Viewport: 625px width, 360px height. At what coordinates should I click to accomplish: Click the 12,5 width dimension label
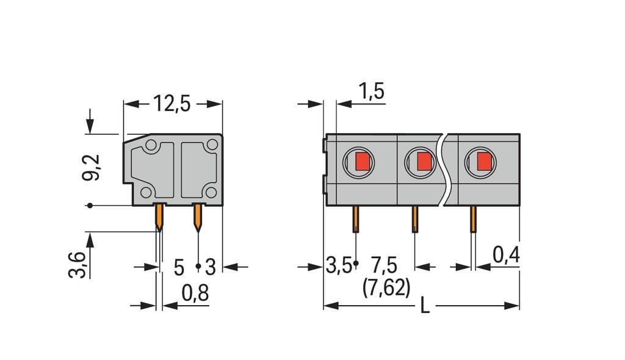pyautogui.click(x=172, y=104)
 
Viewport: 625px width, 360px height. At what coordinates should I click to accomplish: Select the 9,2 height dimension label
pyautogui.click(x=92, y=167)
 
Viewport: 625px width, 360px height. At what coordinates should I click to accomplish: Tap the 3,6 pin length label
pyautogui.click(x=77, y=265)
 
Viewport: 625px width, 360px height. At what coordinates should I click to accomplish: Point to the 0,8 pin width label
pyautogui.click(x=195, y=293)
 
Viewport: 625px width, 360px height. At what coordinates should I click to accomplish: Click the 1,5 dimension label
pyautogui.click(x=372, y=91)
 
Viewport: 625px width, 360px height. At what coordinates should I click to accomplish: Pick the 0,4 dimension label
pyautogui.click(x=506, y=255)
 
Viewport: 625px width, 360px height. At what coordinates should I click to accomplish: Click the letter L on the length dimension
pyautogui.click(x=425, y=306)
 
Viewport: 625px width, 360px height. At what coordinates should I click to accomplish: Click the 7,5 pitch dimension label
pyautogui.click(x=385, y=265)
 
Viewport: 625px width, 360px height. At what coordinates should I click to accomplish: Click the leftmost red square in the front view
pyautogui.click(x=363, y=162)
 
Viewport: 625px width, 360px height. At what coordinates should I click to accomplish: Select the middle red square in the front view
pyautogui.click(x=424, y=162)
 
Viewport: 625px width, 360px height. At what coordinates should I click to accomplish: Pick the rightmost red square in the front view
pyautogui.click(x=484, y=162)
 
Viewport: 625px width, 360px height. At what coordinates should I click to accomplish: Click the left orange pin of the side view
pyautogui.click(x=159, y=218)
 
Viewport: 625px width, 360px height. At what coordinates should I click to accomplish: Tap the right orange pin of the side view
pyautogui.click(x=198, y=218)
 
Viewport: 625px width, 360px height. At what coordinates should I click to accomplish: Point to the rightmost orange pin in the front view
pyautogui.click(x=473, y=219)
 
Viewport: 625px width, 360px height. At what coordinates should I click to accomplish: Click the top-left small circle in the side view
pyautogui.click(x=151, y=145)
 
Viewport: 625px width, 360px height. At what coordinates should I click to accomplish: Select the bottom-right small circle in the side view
pyautogui.click(x=211, y=193)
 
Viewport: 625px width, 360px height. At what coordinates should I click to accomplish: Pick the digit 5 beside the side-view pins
pyautogui.click(x=179, y=267)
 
